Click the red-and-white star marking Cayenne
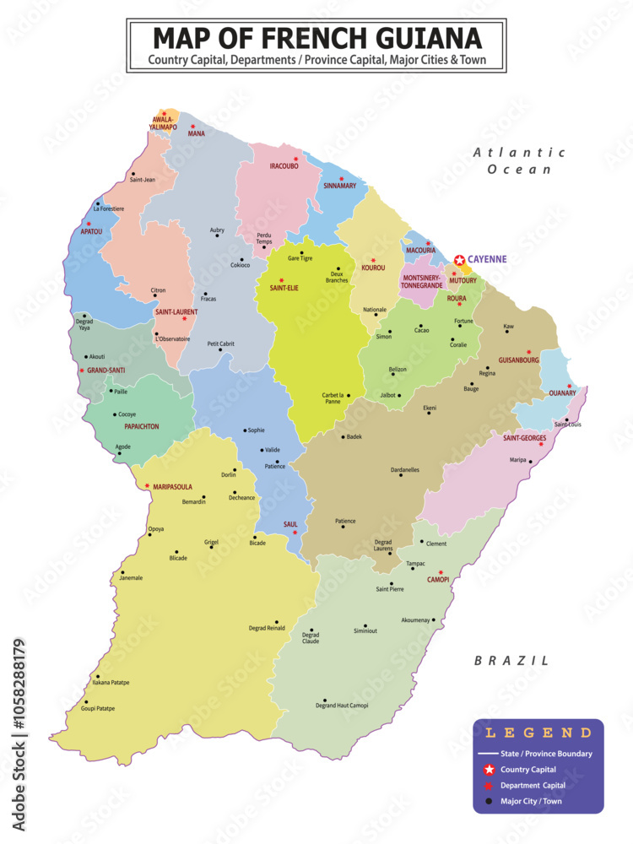tap(459, 261)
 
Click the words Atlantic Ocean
tap(518, 160)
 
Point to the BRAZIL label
tap(511, 661)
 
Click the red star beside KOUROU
tap(373, 260)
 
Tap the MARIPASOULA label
tap(172, 487)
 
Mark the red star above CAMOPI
tap(441, 571)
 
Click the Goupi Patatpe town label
tap(97, 708)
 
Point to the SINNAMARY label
tap(340, 186)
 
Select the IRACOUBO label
tap(284, 166)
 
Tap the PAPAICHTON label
tap(136, 427)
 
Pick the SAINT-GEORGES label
tap(524, 437)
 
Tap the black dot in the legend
tap(488, 801)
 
